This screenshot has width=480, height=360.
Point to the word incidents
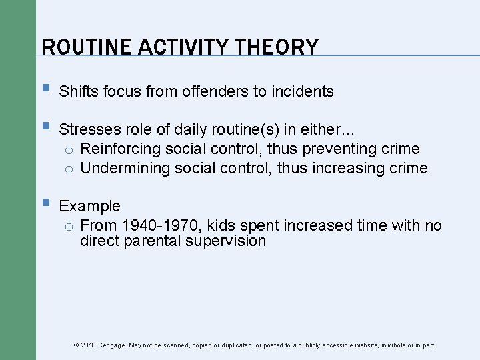tap(303, 92)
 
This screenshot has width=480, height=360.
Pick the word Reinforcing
tap(116, 149)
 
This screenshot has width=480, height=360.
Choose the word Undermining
tap(125, 168)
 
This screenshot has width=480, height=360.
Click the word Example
tap(90, 207)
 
